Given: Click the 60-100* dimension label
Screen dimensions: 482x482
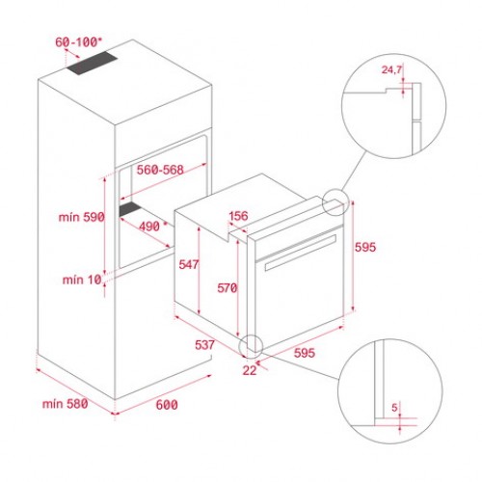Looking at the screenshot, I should coord(78,43).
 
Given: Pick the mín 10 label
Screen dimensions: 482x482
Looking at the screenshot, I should coord(82,280).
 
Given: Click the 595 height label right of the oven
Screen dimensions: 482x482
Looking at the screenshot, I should coord(364,248).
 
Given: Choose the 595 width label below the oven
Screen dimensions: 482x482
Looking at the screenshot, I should coord(304,353).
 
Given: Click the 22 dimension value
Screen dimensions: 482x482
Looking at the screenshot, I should coord(250,369).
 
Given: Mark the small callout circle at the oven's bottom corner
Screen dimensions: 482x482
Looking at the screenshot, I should coord(253,344).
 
